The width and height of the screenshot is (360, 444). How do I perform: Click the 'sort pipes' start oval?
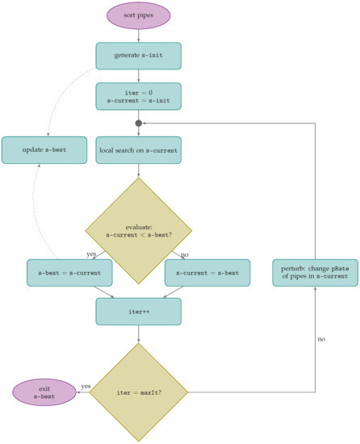click(x=138, y=15)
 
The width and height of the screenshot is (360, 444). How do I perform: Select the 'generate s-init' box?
click(x=138, y=56)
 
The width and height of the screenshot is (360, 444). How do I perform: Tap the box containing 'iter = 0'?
click(x=138, y=96)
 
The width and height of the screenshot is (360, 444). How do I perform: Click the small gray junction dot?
click(x=138, y=124)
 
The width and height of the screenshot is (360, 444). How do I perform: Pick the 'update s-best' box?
click(x=44, y=150)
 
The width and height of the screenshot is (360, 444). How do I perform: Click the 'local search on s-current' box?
click(x=138, y=150)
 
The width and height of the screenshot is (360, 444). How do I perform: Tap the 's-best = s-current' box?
click(x=69, y=272)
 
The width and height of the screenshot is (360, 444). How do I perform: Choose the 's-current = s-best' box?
click(x=207, y=272)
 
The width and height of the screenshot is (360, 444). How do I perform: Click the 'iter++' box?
click(x=138, y=312)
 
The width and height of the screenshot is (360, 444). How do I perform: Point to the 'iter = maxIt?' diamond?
click(x=138, y=392)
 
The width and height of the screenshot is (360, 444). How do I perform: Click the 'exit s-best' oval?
click(x=44, y=392)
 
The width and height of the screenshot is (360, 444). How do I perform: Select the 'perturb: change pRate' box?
click(x=314, y=272)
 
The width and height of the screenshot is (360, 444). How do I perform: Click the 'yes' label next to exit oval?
click(x=86, y=387)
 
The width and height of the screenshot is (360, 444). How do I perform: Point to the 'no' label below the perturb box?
click(x=321, y=340)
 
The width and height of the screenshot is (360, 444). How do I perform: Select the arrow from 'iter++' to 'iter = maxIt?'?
click(x=138, y=333)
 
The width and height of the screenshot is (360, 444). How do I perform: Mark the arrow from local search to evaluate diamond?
click(x=138, y=171)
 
